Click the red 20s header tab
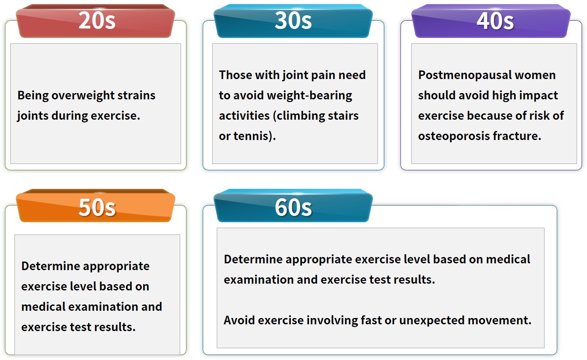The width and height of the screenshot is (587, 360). coord(95,21)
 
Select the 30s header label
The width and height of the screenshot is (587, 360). coord(293,20)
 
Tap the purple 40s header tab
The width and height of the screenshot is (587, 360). coord(491,21)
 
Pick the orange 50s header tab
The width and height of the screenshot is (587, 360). coord(95,206)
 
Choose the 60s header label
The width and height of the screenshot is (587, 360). coord(293,207)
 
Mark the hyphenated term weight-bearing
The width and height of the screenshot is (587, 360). coord(309,95)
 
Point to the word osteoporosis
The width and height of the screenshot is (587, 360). coord(454,136)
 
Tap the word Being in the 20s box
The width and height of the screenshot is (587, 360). coord(33,95)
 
